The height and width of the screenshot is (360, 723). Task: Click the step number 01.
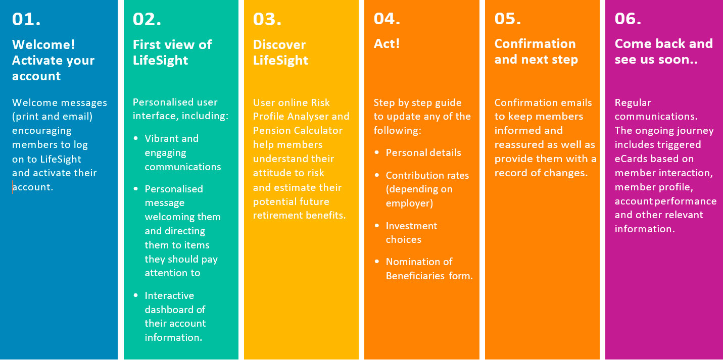coord(26,19)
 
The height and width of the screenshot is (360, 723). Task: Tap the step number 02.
coord(147,19)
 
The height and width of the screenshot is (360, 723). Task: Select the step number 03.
coord(267,19)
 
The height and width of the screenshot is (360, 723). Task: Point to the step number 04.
coord(387,19)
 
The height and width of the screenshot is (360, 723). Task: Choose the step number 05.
coord(507,19)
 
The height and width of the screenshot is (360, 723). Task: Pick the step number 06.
coord(628,19)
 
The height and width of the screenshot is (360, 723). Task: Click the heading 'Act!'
coord(387,43)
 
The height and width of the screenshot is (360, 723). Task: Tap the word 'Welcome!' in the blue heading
coord(43,44)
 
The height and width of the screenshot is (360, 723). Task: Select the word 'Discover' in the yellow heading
coord(279,45)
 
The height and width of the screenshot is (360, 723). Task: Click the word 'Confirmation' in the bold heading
coord(535,43)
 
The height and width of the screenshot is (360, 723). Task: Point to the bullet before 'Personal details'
coord(377,152)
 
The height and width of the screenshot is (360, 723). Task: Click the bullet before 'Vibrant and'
coord(135,138)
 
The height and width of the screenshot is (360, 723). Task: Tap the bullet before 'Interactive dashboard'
coord(135,295)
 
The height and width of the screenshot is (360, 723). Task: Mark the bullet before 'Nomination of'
coord(377,262)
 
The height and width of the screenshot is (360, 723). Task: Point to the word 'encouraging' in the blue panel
coord(41,131)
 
